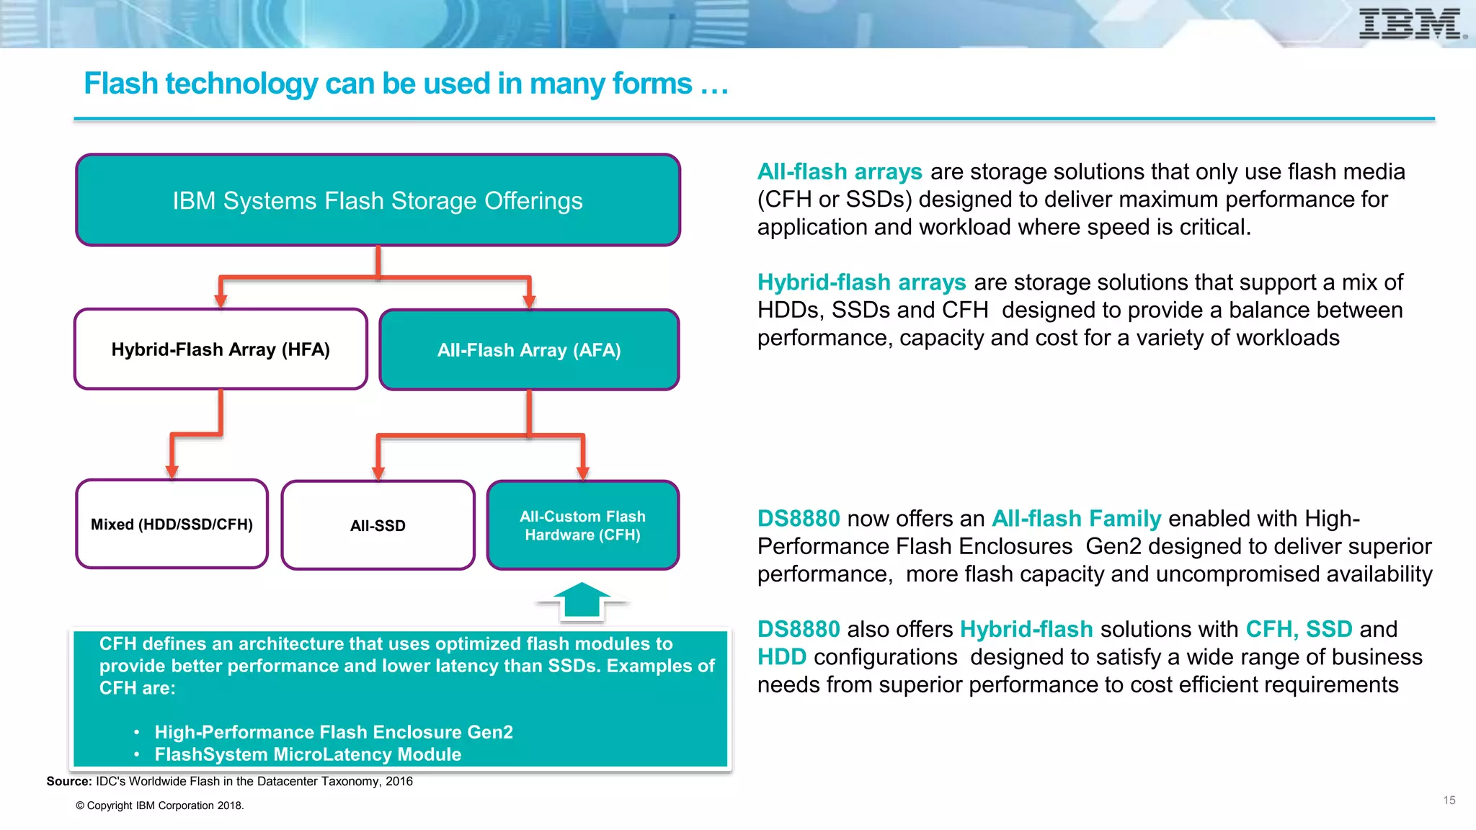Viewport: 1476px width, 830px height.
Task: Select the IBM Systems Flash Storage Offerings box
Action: tap(378, 200)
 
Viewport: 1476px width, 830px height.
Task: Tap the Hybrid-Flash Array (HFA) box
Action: tap(221, 349)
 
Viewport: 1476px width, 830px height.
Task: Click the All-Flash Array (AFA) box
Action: tap(529, 350)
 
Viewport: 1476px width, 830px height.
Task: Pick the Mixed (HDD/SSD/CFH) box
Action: tap(172, 525)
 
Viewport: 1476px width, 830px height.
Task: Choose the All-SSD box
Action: tap(378, 525)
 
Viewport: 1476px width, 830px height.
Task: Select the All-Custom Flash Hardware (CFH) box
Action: tap(582, 525)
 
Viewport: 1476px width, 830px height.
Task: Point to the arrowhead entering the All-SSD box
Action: tap(378, 473)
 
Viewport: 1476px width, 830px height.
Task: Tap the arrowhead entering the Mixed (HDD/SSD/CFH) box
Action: tap(172, 472)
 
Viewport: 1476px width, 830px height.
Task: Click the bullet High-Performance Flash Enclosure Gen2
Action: tap(333, 732)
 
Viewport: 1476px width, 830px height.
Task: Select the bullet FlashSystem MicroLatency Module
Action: tap(308, 754)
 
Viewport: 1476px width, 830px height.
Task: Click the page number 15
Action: tap(1449, 800)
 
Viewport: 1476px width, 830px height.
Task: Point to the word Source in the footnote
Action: tap(68, 782)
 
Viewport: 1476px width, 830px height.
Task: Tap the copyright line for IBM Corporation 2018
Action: tap(160, 806)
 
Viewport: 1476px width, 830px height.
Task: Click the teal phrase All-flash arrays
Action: tap(839, 171)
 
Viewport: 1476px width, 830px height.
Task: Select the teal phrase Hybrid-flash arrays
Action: tap(861, 282)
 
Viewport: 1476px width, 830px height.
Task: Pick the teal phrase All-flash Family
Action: tap(1076, 519)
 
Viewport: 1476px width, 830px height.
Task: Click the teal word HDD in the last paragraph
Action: tap(781, 657)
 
